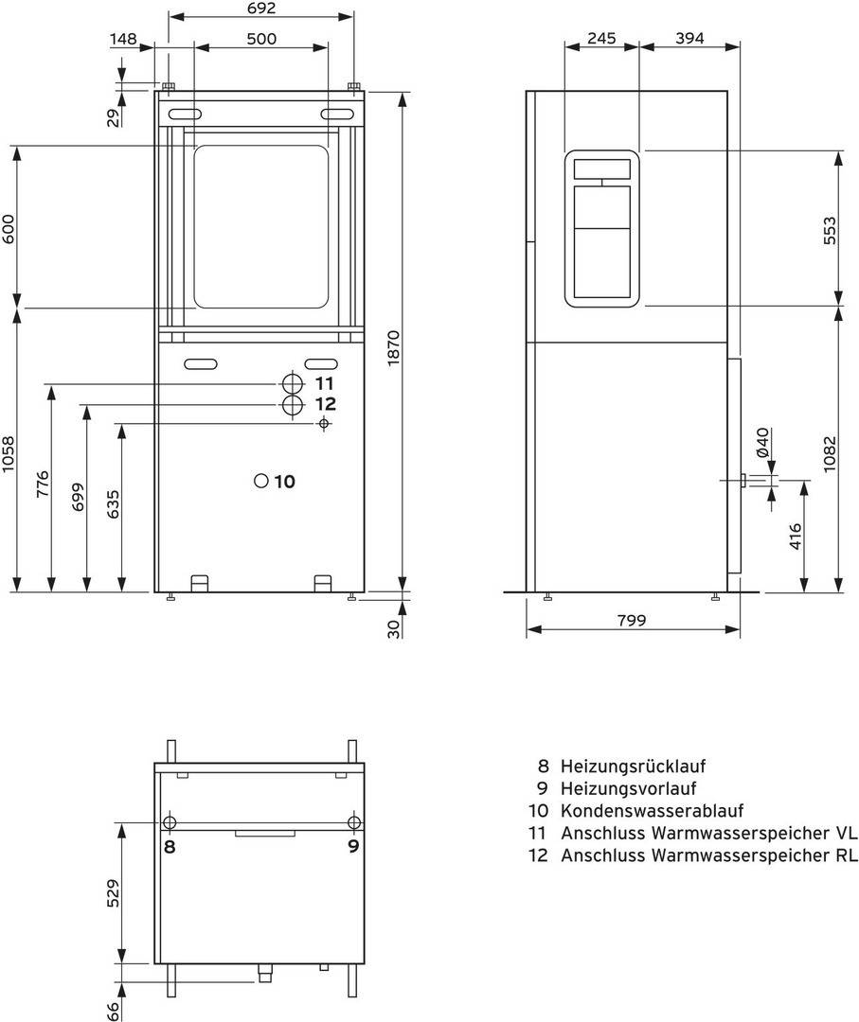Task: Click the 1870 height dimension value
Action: (x=394, y=347)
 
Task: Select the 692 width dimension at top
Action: (x=260, y=9)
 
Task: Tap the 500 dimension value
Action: (x=260, y=39)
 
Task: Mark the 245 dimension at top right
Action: (x=601, y=39)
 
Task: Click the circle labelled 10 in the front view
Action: (x=262, y=481)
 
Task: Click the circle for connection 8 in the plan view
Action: (x=170, y=820)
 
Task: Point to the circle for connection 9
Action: (x=353, y=820)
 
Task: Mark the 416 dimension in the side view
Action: (x=796, y=537)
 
